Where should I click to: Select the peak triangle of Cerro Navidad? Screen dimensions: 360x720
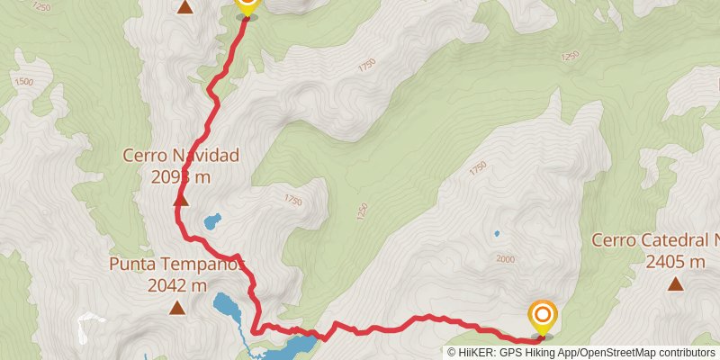pyautogui.click(x=180, y=200)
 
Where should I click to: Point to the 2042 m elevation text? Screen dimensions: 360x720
pyautogui.click(x=177, y=286)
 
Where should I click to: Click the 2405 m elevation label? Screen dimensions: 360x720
pyautogui.click(x=675, y=262)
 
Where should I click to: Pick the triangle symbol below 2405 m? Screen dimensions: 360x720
pyautogui.click(x=675, y=284)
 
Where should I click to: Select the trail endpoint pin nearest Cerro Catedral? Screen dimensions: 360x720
pyautogui.click(x=543, y=316)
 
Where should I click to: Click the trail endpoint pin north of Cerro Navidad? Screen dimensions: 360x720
pyautogui.click(x=247, y=5)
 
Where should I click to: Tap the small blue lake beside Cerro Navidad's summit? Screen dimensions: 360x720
pyautogui.click(x=212, y=220)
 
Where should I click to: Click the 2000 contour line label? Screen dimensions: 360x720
pyautogui.click(x=505, y=259)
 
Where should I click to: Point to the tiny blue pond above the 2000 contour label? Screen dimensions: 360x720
pyautogui.click(x=496, y=234)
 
